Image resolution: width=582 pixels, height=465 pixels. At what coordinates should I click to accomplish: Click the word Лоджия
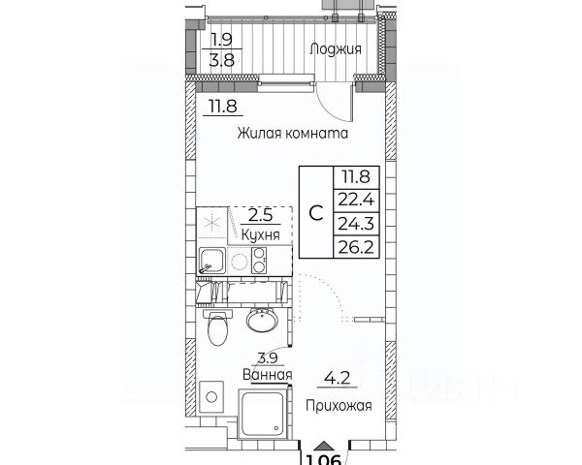click(336, 49)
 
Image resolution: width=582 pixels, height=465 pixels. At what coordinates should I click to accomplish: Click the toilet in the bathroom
click(218, 328)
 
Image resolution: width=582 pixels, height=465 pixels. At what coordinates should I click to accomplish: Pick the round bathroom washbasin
click(260, 320)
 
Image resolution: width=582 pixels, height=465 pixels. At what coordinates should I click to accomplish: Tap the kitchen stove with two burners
click(259, 259)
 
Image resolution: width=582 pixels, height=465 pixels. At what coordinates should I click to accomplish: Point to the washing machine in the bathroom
click(211, 397)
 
